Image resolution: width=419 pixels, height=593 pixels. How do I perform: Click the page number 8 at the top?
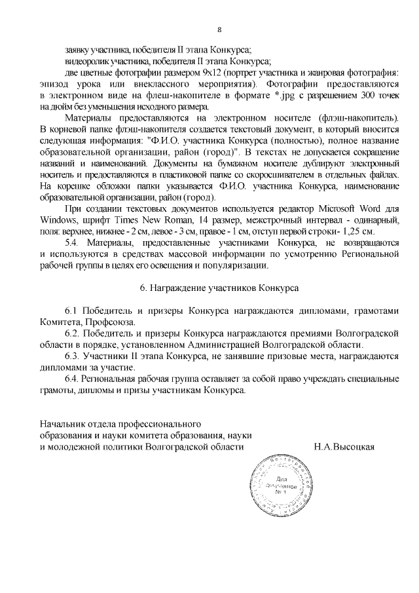pyautogui.click(x=220, y=29)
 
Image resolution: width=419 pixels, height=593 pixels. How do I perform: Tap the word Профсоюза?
pyautogui.click(x=113, y=322)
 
